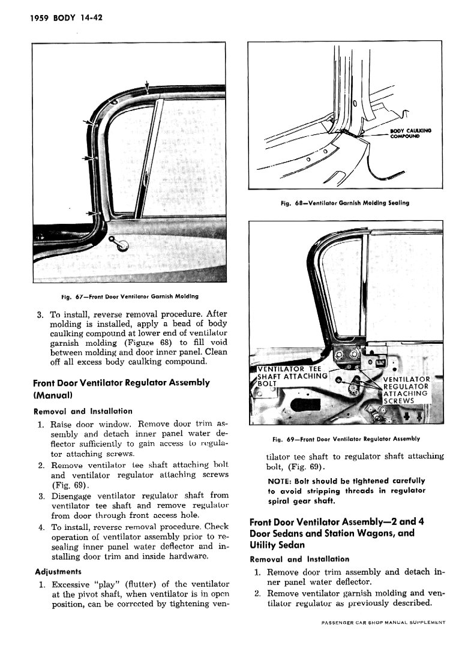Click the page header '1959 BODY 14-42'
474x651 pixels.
(x=57, y=18)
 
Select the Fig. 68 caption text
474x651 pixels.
(x=344, y=203)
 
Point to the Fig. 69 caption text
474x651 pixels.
(x=346, y=439)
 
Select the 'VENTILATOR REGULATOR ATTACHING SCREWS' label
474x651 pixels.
(x=406, y=390)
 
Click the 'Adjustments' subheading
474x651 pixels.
(x=58, y=571)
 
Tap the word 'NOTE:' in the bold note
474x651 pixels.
(x=280, y=481)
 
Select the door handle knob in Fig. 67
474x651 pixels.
(x=122, y=245)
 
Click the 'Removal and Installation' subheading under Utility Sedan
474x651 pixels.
(x=299, y=559)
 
